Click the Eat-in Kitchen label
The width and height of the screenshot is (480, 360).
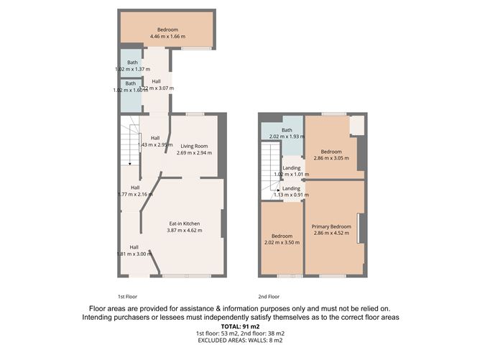tap(184, 223)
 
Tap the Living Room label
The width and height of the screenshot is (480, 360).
tap(195, 145)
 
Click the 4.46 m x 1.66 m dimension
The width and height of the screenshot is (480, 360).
tap(167, 37)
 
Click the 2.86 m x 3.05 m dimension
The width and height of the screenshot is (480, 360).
tap(331, 159)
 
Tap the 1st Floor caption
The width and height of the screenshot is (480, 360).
tap(127, 296)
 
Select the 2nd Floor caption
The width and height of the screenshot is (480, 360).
tap(269, 296)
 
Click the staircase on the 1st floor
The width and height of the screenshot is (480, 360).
tap(129, 143)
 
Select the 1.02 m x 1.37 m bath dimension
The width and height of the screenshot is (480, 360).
tap(132, 69)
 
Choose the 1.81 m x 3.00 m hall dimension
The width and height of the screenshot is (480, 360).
tap(134, 254)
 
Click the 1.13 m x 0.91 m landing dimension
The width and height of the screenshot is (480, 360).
tap(291, 195)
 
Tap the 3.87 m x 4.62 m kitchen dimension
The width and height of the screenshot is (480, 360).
tap(185, 231)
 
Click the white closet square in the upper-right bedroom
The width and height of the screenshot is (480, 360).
tap(356, 126)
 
